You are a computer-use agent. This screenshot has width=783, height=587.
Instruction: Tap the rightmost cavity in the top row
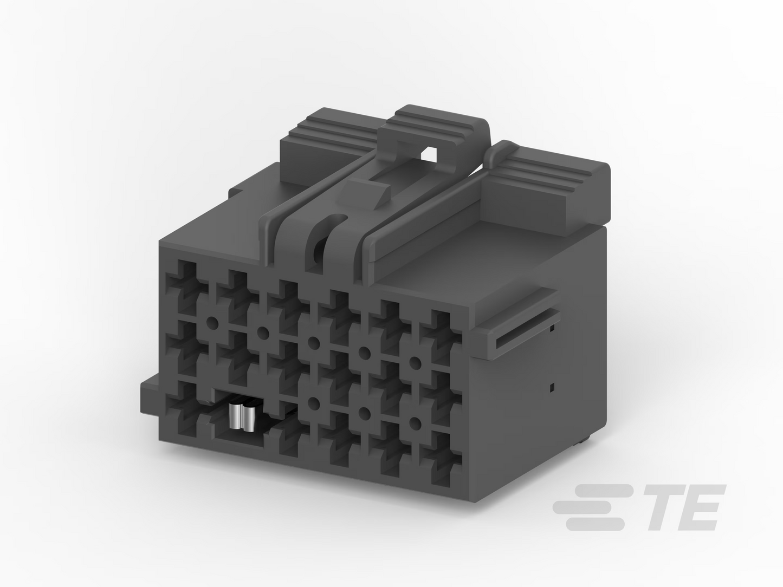point(441,334)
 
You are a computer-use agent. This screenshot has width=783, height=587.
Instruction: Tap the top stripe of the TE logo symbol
point(605,490)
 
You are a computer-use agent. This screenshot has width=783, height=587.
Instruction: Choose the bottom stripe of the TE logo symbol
point(596,525)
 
